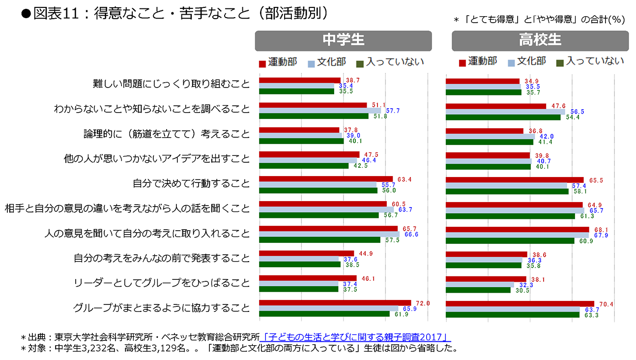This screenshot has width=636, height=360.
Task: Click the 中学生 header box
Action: point(343,41)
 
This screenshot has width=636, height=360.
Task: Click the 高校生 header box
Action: point(540,41)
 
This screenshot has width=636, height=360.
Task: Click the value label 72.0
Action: point(423,303)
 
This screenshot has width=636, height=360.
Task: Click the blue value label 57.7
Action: point(393,111)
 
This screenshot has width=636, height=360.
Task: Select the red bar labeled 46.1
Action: point(308,278)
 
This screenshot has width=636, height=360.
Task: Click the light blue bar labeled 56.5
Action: point(506,112)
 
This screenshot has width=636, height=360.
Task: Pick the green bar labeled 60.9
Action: point(510,240)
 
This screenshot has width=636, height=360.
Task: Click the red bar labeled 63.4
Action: point(326,179)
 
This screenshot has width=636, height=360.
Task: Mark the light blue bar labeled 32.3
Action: point(480,284)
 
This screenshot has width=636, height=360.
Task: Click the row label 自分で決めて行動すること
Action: point(191,184)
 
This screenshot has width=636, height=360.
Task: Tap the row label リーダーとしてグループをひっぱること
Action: point(162,283)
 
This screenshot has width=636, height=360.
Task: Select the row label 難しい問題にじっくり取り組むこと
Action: point(172,84)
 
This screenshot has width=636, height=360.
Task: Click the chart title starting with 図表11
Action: point(174,13)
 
